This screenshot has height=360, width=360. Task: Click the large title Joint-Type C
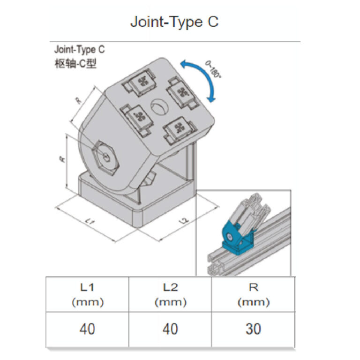[x=174, y=22]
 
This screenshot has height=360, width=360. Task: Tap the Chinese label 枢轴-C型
[x=75, y=63]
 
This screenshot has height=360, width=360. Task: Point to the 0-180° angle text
[x=213, y=69]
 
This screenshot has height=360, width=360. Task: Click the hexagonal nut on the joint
[x=105, y=157]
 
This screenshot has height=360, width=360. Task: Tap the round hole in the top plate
[x=159, y=106]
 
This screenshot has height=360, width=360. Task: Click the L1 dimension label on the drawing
[x=90, y=221]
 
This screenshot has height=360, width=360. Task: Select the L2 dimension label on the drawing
[x=184, y=220]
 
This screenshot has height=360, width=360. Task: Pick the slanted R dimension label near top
[x=78, y=100]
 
